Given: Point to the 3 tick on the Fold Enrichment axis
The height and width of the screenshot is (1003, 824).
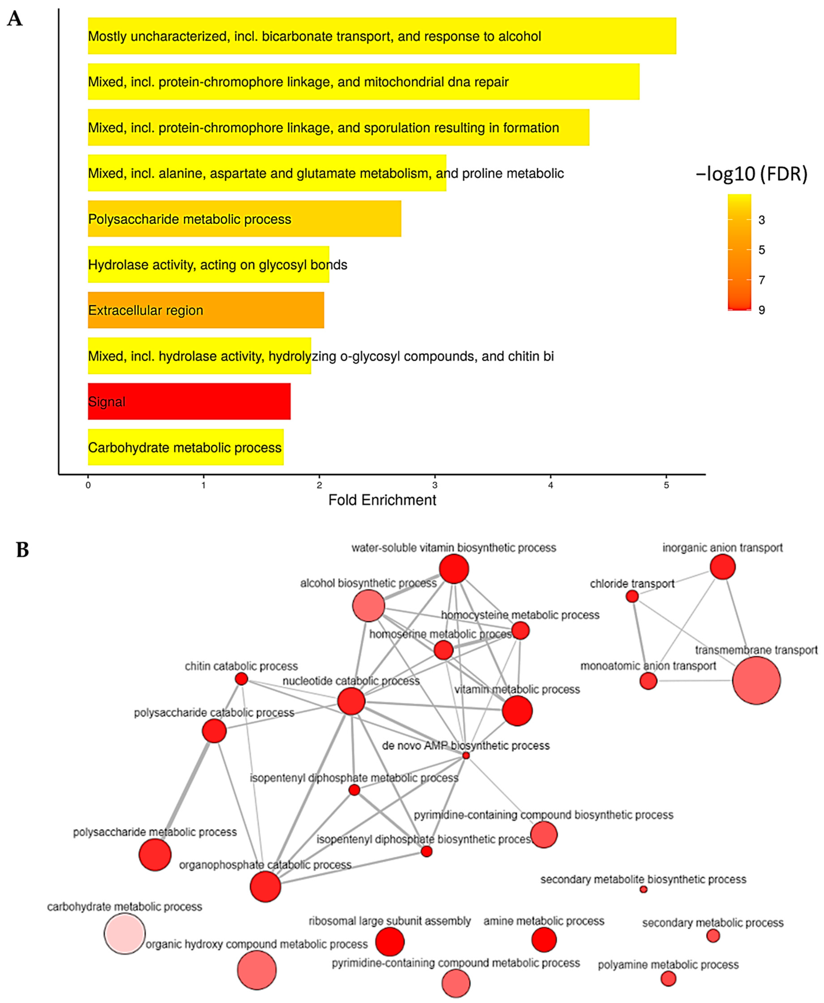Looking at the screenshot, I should tap(435, 485).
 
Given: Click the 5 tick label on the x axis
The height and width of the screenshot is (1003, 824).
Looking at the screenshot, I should tap(666, 485).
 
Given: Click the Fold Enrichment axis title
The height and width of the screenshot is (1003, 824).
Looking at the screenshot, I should tap(382, 500).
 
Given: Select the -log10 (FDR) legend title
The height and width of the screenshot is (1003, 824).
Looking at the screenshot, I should tap(751, 174).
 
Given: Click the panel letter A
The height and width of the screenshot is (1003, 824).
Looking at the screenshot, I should tap(15, 19).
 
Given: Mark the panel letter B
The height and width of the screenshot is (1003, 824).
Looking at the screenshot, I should tap(22, 550).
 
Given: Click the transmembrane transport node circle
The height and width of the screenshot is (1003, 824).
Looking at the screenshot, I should tap(756, 680).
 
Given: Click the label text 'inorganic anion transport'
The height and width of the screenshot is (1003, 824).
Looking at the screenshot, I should tap(722, 548).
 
